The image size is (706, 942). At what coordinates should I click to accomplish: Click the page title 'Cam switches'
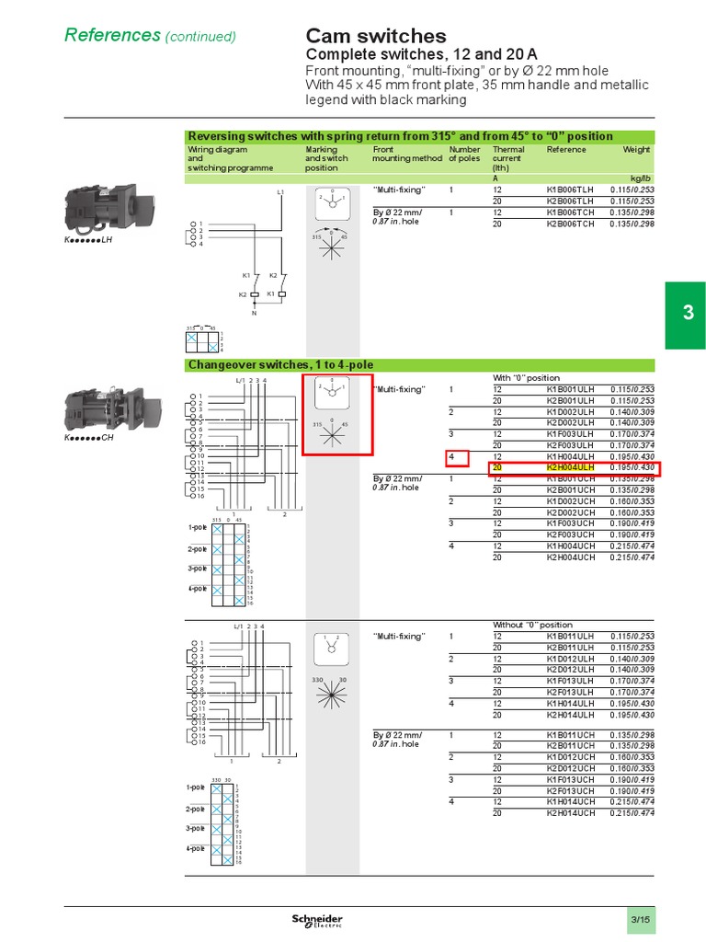375,36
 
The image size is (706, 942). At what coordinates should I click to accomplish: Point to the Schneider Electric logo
317,921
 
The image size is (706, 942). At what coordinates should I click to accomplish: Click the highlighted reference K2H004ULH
572,467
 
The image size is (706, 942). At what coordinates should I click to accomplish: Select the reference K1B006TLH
570,190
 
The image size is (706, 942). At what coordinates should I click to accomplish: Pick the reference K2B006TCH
570,224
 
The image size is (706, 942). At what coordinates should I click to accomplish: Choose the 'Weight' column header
636,149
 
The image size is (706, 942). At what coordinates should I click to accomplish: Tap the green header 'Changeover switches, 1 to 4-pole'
280,365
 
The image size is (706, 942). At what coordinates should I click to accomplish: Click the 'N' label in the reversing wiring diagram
255,312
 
